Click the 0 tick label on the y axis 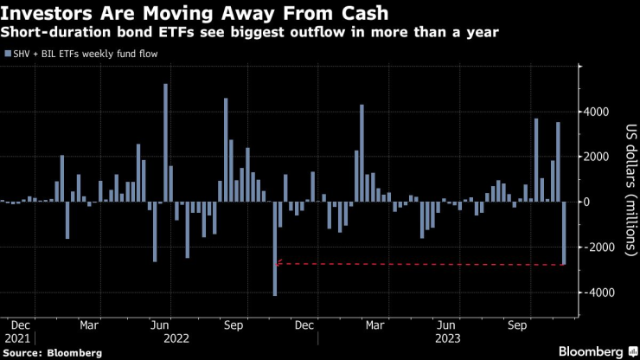pyautogui.click(x=587, y=202)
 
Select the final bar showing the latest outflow pyautogui.click(x=564, y=233)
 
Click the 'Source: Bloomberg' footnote pyautogui.click(x=52, y=352)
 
